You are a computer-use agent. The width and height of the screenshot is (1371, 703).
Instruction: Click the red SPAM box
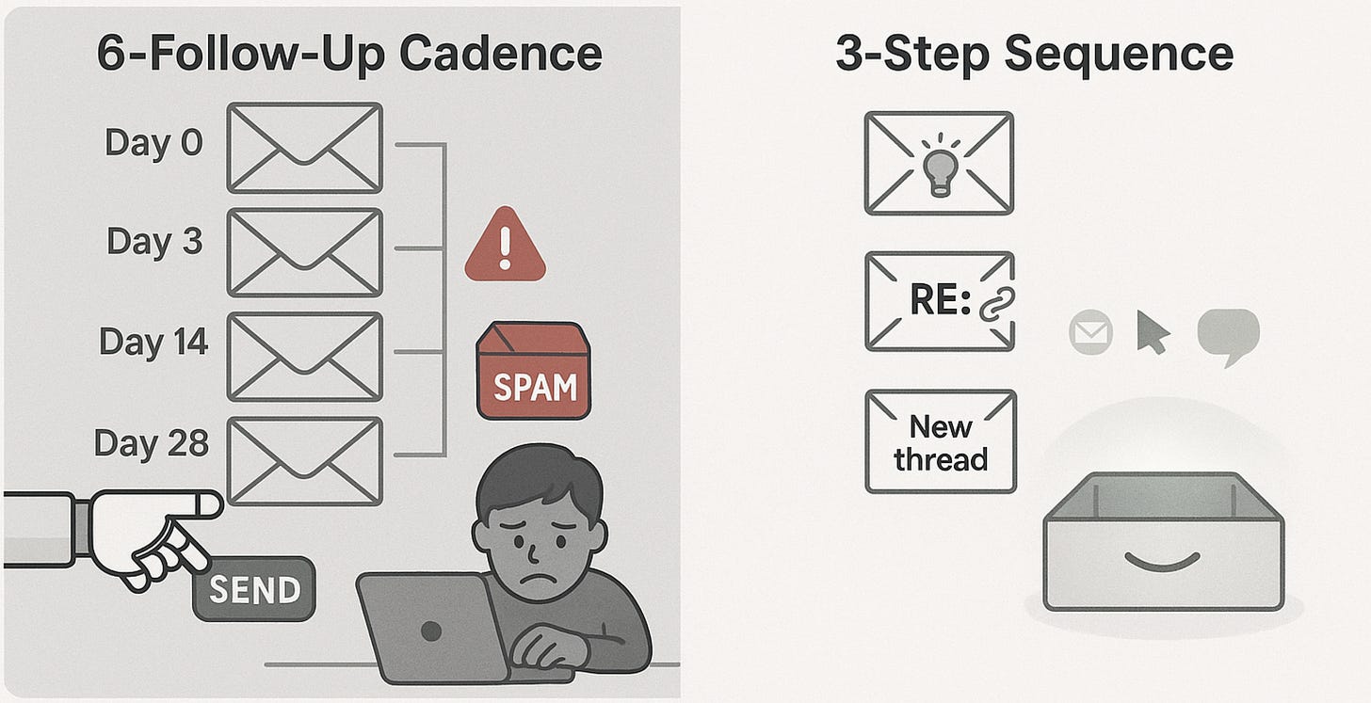coord(533,371)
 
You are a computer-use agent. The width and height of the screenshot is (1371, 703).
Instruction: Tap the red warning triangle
coord(505,245)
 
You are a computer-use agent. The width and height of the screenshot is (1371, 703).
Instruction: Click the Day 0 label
coord(153,143)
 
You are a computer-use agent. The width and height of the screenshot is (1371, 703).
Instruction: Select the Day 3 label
coord(154,242)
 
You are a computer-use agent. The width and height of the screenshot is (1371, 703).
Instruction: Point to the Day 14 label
coord(153,342)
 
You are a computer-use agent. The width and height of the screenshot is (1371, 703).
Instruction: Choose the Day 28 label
coord(152,443)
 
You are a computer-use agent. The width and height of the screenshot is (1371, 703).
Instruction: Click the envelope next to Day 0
coord(305,148)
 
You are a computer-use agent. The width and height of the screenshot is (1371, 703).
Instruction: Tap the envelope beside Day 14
coord(305,358)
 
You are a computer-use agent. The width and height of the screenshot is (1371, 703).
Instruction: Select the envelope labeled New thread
coord(941,441)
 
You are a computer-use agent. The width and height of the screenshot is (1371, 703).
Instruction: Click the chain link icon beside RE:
coord(997,303)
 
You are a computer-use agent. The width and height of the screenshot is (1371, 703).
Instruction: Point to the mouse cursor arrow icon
coord(1153,331)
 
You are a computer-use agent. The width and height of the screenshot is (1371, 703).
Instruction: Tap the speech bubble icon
coord(1228,335)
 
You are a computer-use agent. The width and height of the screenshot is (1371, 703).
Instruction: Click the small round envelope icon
coord(1090,332)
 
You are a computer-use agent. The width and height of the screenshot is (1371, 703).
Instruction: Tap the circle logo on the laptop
coord(431,631)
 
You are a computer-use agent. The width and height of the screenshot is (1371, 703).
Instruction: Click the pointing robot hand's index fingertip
coord(215,504)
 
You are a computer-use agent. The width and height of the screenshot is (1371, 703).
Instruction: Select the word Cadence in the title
coord(501,54)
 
